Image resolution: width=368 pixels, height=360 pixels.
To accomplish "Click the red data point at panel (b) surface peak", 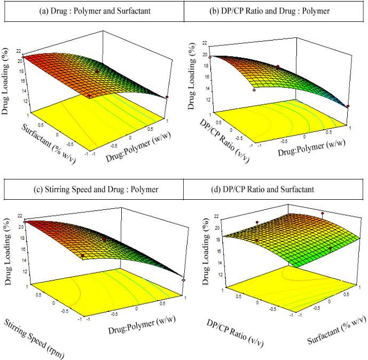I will coord(210,57).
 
